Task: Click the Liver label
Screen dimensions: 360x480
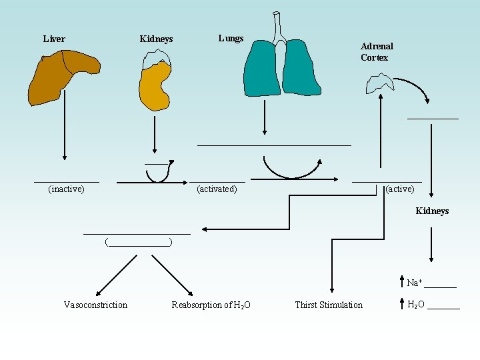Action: (x=54, y=39)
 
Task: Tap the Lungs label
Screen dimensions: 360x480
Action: (x=231, y=38)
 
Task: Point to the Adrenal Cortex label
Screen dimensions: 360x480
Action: (x=377, y=52)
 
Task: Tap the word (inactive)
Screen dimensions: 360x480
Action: (x=67, y=189)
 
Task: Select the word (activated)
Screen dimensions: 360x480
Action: (x=217, y=189)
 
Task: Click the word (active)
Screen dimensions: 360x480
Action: (x=400, y=189)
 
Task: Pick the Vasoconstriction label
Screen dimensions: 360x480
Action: (x=95, y=305)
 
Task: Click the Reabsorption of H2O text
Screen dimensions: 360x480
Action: (x=211, y=305)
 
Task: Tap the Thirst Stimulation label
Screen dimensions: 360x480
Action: (x=329, y=305)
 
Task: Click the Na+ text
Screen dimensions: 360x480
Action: (x=415, y=283)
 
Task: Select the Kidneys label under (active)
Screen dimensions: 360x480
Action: (x=432, y=211)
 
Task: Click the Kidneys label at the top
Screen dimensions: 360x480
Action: (x=156, y=39)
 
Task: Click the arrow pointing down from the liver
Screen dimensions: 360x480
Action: (x=64, y=133)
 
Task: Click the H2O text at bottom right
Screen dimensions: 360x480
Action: (x=416, y=305)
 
